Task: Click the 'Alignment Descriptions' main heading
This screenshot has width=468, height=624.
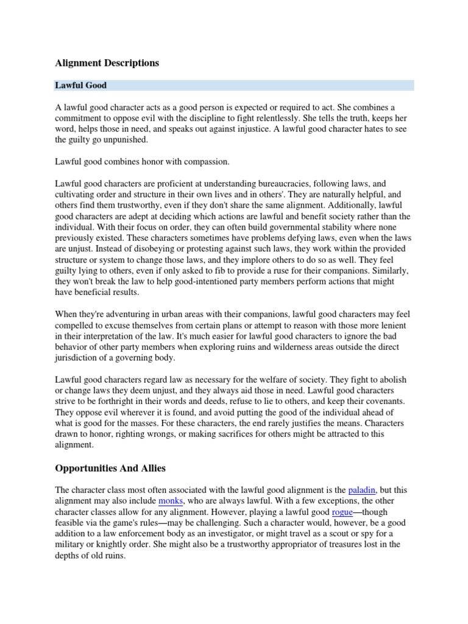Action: [107, 63]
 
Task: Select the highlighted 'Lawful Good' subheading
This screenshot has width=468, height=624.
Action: [81, 85]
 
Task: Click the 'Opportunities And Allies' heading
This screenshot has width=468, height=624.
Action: [110, 468]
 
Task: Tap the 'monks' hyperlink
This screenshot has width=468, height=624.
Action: [171, 501]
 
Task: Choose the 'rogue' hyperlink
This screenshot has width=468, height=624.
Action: [342, 512]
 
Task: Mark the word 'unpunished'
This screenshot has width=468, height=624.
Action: [123, 140]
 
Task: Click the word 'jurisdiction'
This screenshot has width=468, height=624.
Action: [78, 358]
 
